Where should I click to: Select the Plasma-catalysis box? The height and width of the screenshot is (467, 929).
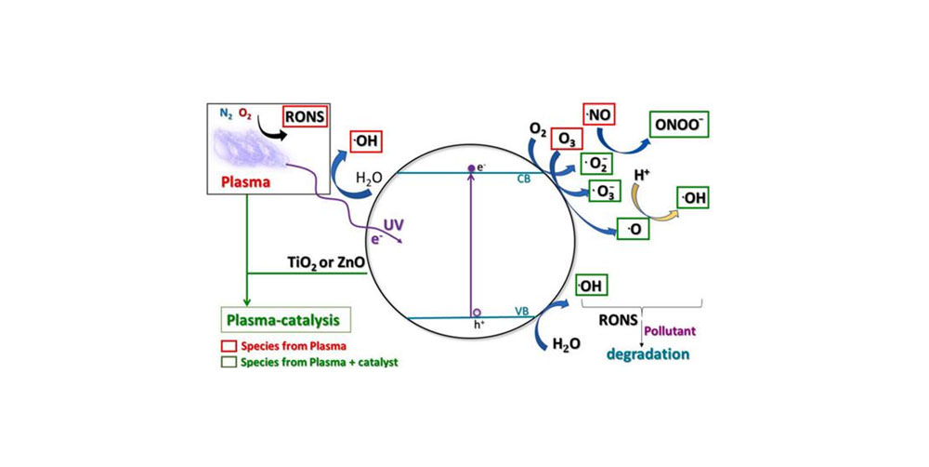(281, 321)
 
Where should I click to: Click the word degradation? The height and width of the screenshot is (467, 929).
(647, 353)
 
